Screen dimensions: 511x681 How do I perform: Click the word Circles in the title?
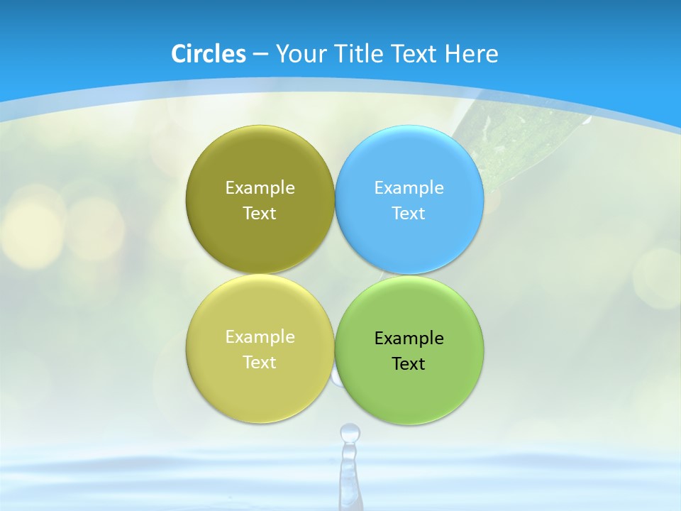(x=209, y=54)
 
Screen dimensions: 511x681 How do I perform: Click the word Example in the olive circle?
(x=260, y=188)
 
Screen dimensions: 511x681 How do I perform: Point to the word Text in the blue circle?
(x=409, y=214)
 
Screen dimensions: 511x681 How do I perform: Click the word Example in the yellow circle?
(x=260, y=337)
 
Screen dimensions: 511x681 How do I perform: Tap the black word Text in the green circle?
(x=409, y=364)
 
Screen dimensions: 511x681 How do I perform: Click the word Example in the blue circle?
(x=409, y=188)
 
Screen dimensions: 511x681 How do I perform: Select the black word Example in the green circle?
(x=409, y=339)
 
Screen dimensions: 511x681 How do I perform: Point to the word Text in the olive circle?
(x=260, y=214)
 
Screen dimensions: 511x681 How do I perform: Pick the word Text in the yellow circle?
(x=260, y=363)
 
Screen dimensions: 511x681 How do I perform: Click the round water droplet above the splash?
(x=349, y=432)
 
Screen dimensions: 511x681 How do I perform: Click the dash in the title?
(x=260, y=54)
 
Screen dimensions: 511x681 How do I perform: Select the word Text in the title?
(x=415, y=54)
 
